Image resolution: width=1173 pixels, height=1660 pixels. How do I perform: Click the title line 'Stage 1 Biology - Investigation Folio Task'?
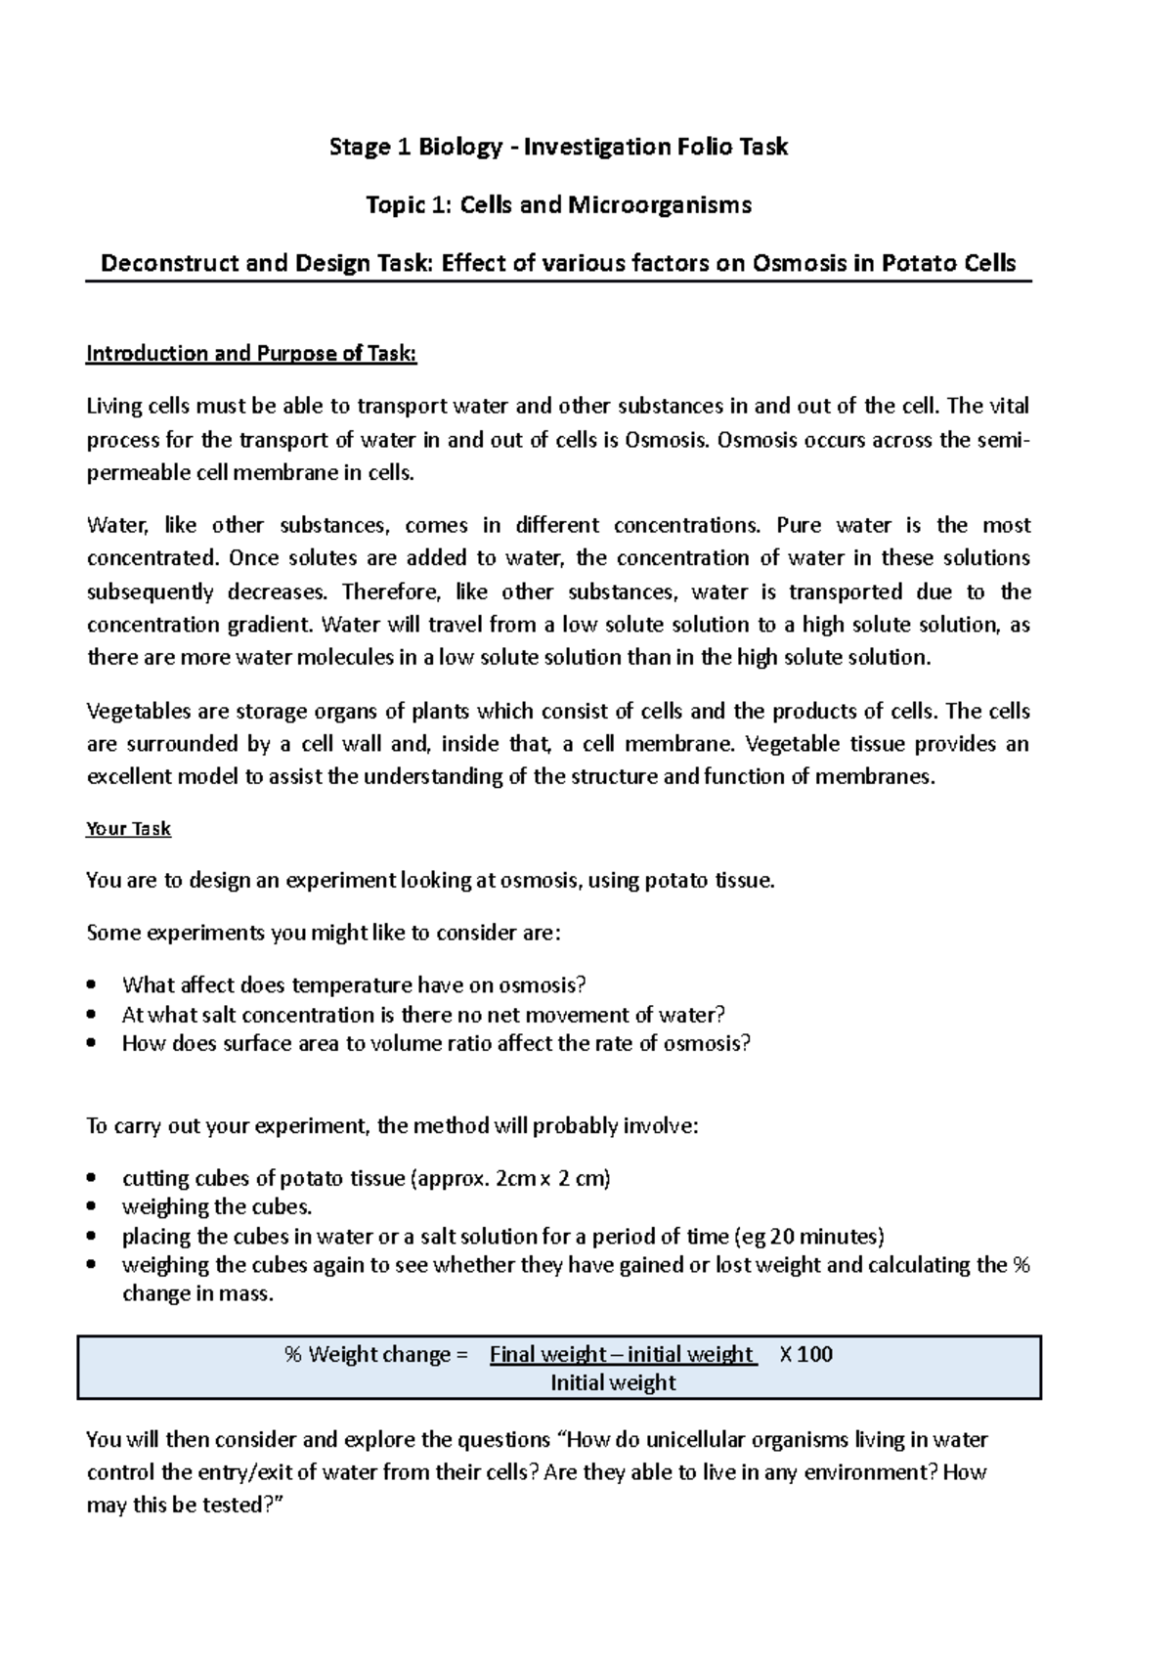tap(558, 148)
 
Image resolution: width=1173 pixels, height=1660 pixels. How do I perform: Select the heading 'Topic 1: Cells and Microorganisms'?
tap(558, 205)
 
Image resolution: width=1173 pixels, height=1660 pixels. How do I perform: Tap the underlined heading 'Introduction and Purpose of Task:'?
tap(251, 354)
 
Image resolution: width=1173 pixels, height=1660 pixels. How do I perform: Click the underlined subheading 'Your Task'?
tap(128, 829)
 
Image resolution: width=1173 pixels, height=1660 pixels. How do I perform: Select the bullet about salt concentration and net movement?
tap(423, 1015)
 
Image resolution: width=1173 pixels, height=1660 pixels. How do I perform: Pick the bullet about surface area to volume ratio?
tap(436, 1043)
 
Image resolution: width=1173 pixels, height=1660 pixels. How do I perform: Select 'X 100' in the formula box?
tap(806, 1355)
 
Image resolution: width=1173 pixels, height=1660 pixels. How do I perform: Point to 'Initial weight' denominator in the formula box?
tap(613, 1383)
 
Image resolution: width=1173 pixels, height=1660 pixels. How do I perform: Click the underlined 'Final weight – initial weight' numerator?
tap(623, 1355)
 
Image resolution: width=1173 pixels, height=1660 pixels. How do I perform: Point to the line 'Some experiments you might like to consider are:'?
tap(324, 933)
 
